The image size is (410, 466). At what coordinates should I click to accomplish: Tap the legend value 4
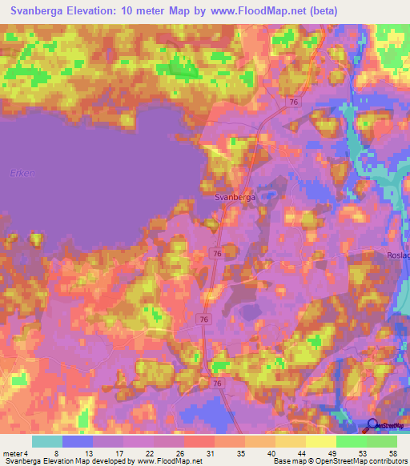[x=26, y=453]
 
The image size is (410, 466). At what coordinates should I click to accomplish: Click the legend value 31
[x=208, y=453]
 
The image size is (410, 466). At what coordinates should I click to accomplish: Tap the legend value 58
[x=391, y=453]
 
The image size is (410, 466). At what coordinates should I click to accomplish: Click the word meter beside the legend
[x=11, y=453]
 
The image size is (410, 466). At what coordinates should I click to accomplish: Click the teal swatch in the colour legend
[x=47, y=441]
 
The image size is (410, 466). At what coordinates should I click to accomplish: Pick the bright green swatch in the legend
[x=352, y=441]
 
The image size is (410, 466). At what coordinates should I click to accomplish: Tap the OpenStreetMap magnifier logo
[x=373, y=425]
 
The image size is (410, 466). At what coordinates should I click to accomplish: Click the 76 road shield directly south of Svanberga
[x=217, y=252]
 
